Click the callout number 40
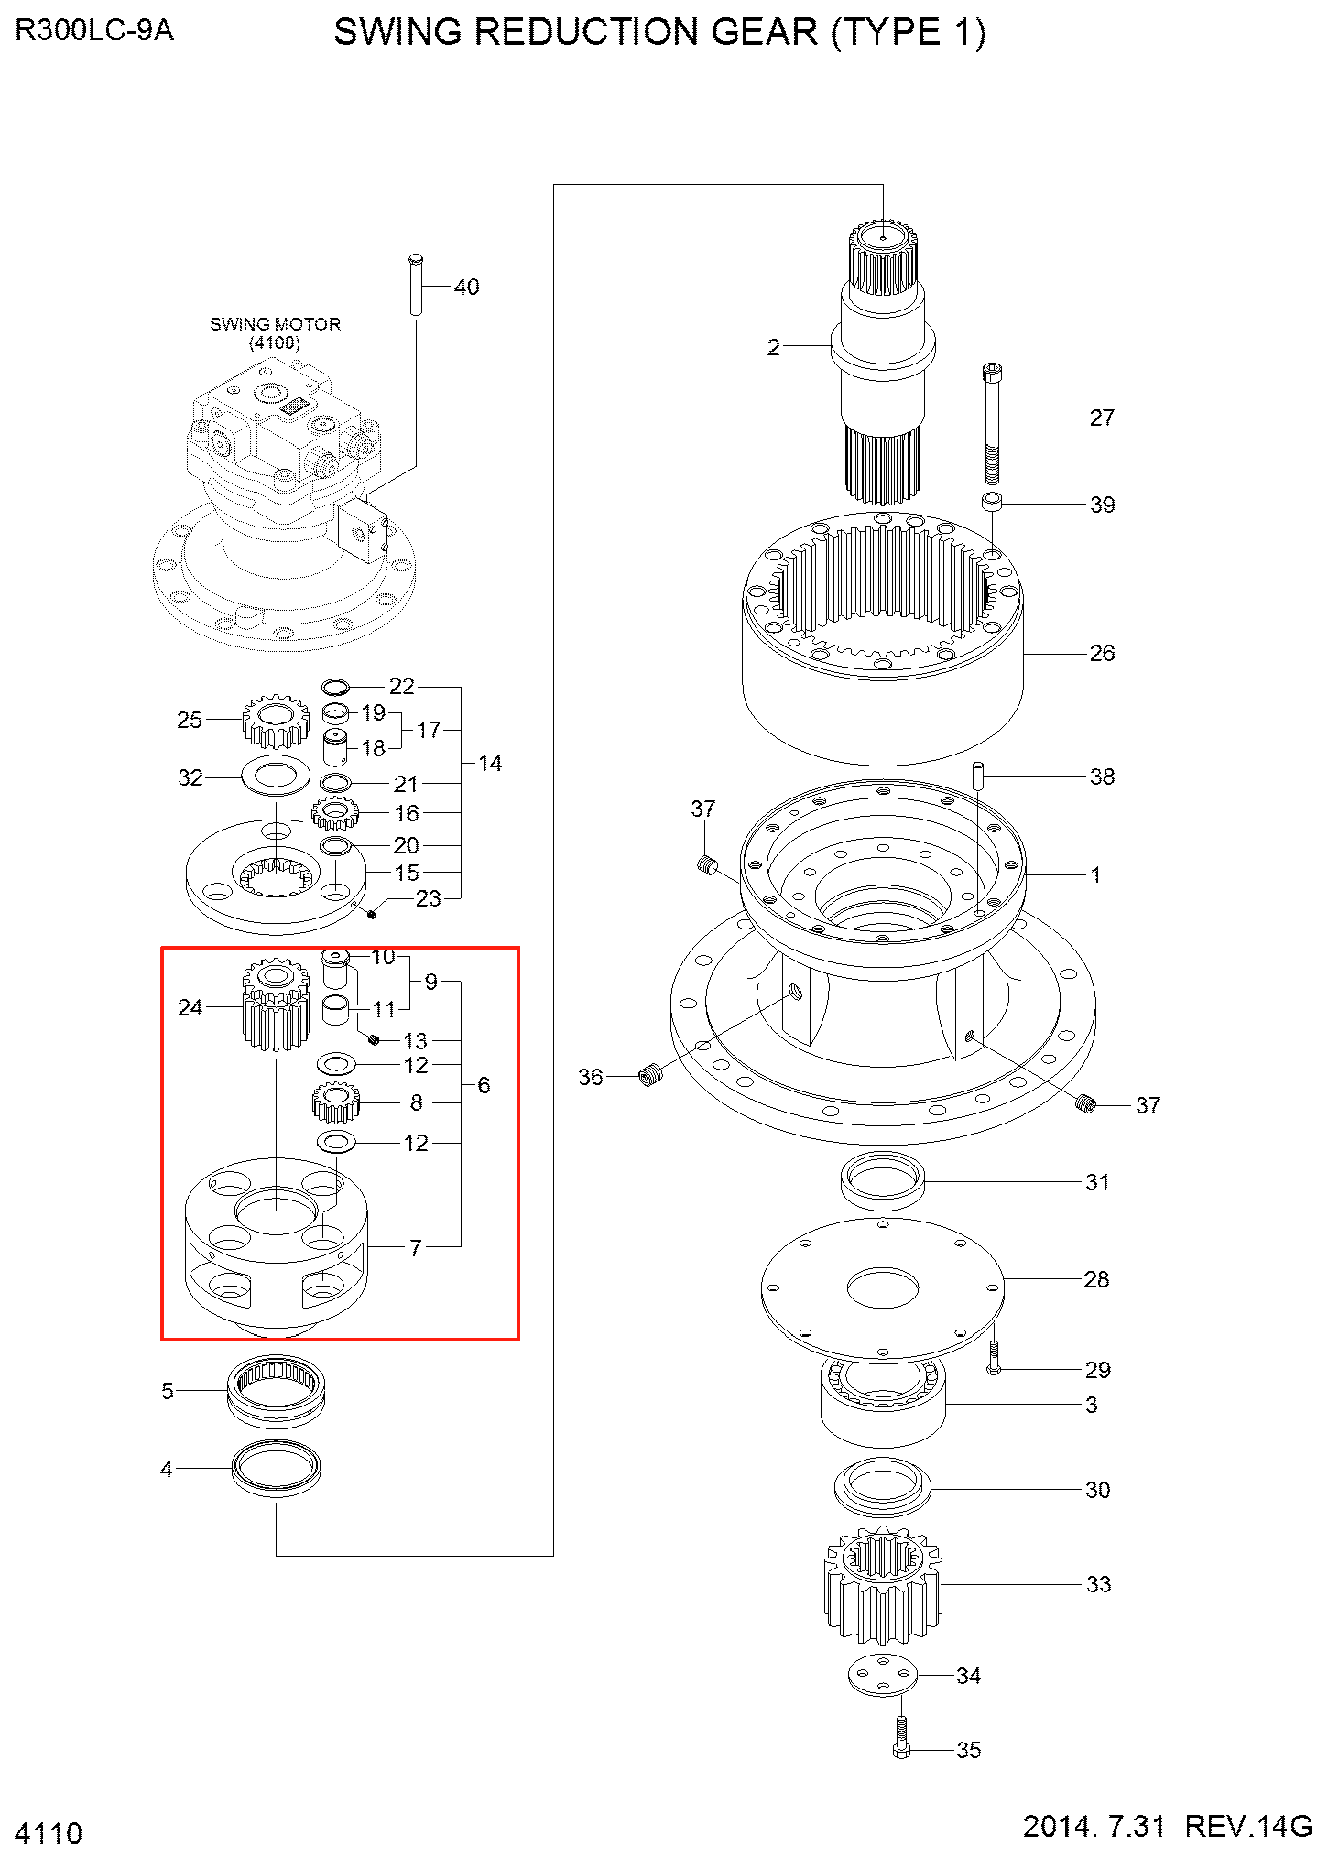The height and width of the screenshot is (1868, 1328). click(x=466, y=288)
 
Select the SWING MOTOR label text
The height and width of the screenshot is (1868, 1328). click(x=275, y=324)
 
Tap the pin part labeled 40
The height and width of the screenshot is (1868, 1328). click(x=416, y=285)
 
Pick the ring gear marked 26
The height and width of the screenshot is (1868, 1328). click(x=882, y=641)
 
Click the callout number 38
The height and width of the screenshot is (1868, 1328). click(x=1102, y=777)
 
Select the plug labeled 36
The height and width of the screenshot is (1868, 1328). click(x=649, y=1075)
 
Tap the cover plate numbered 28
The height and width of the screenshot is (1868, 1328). click(x=882, y=1287)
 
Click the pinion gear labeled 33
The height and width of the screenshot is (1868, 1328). click(x=882, y=1584)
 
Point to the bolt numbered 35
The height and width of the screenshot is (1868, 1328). click(x=901, y=1739)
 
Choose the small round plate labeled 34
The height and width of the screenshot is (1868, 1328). click(x=882, y=1676)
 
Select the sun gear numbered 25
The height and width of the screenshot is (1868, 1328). click(x=275, y=722)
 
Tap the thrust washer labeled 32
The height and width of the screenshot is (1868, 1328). click(x=275, y=777)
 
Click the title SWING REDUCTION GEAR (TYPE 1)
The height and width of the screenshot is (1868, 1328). click(x=659, y=33)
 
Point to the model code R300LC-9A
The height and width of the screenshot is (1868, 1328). click(x=94, y=31)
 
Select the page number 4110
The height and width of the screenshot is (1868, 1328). click(x=49, y=1833)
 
